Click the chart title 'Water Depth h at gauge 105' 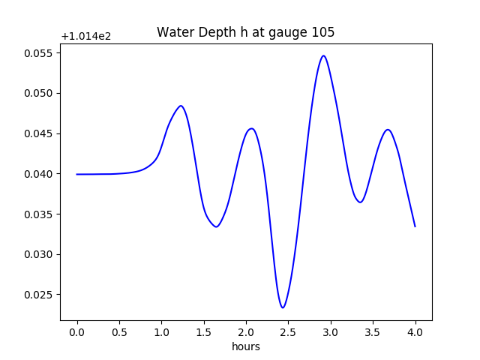245,32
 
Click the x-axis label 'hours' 246,346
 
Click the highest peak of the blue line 323,55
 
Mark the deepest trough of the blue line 283,307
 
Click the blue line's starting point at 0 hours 77,174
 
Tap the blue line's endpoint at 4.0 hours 415,226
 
